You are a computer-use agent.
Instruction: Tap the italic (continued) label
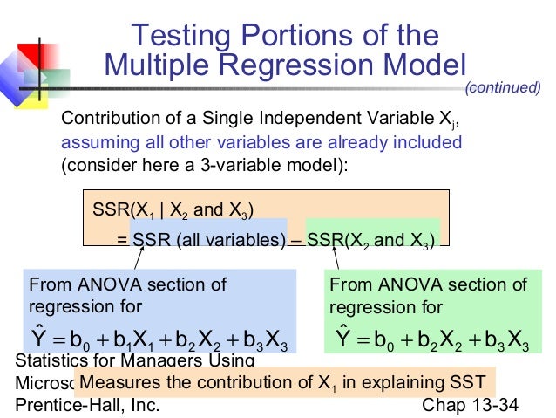click(503, 87)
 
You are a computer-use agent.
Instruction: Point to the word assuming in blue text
click(94, 142)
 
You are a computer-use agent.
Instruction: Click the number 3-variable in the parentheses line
click(220, 165)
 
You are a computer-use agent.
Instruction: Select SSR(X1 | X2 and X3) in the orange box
click(173, 210)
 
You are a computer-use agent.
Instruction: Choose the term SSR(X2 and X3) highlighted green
click(371, 240)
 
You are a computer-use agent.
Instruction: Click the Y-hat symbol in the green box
click(343, 337)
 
